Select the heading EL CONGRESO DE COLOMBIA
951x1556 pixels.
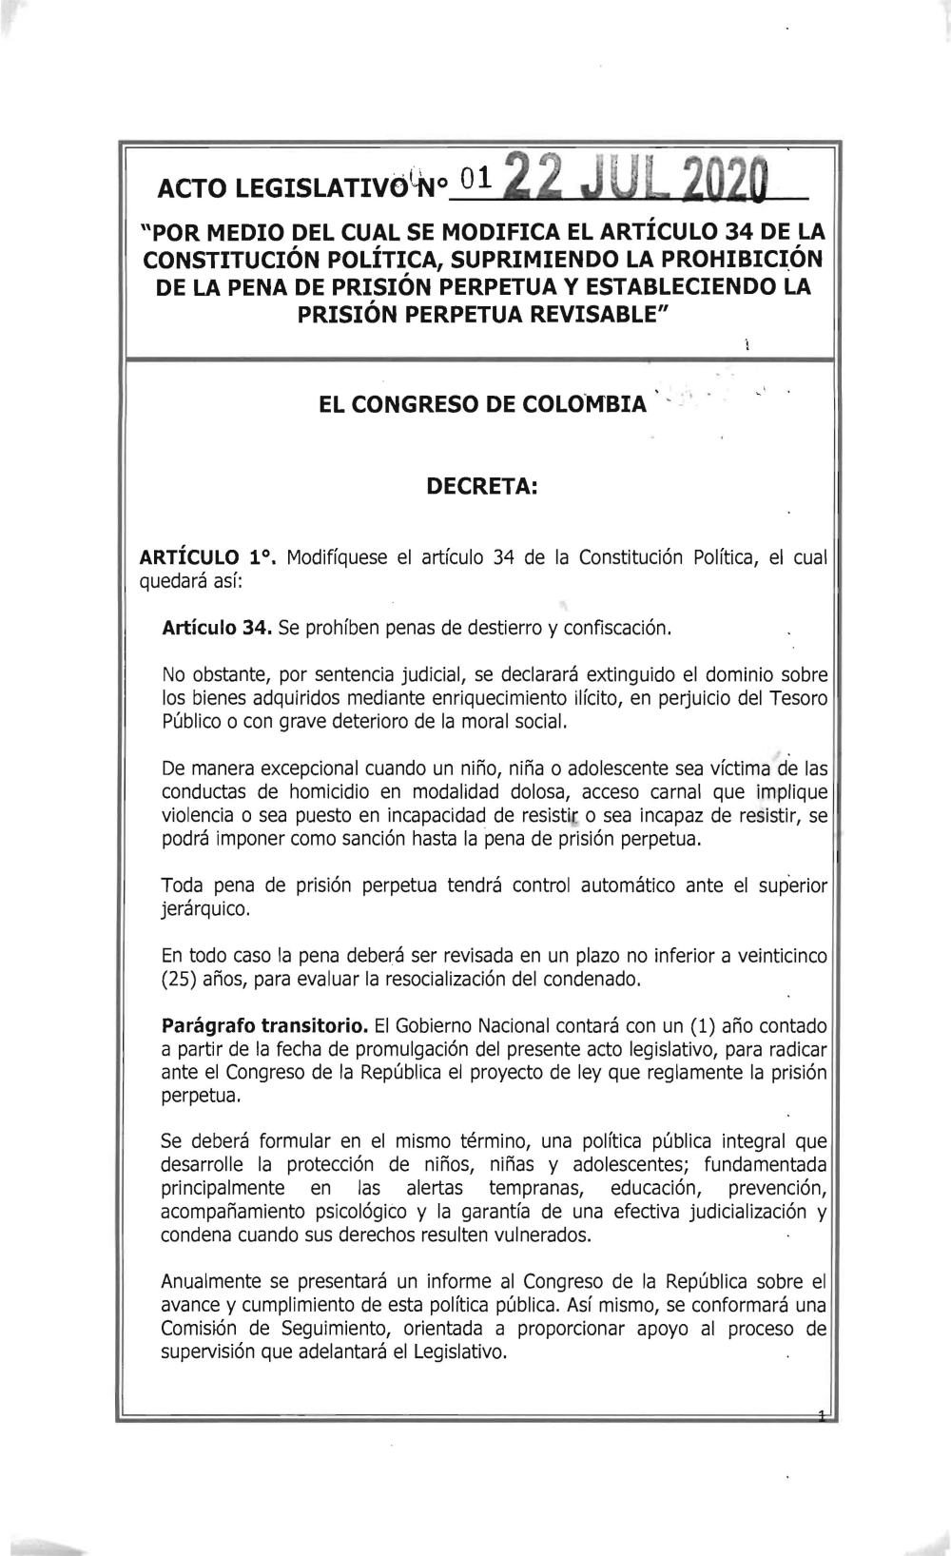[481, 404]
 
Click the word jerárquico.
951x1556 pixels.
[205, 909]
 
